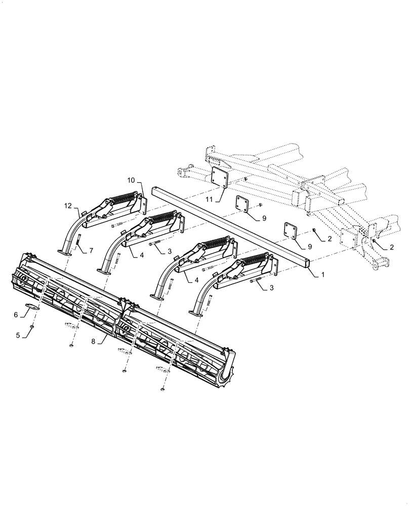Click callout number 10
(x=131, y=180)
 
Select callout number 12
(x=68, y=205)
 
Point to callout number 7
(x=91, y=250)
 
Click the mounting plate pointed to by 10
(x=144, y=202)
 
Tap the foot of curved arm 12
(x=65, y=251)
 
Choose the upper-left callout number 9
(x=263, y=218)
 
